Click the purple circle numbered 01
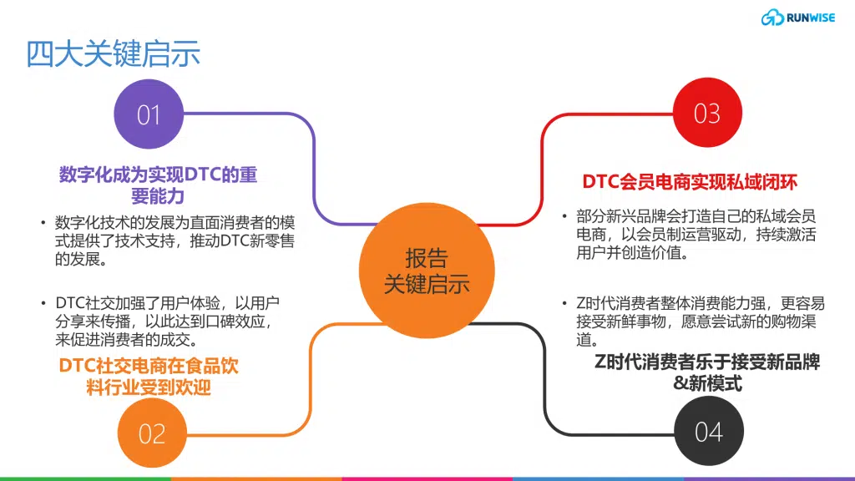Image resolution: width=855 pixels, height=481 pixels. (149, 114)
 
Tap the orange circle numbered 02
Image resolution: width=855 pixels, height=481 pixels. (152, 433)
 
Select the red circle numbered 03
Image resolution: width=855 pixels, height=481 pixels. (707, 113)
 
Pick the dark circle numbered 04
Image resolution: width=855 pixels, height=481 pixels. (709, 431)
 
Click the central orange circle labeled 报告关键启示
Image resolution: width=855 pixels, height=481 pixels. (427, 271)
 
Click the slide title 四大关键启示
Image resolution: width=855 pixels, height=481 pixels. (113, 53)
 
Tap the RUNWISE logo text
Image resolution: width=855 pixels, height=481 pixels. (810, 18)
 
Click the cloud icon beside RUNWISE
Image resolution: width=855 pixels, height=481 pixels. (772, 18)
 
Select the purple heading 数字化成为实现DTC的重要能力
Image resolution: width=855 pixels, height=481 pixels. (158, 185)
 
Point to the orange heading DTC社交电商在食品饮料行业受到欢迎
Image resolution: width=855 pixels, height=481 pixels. (149, 377)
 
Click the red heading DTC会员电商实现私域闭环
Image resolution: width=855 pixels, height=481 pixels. (690, 181)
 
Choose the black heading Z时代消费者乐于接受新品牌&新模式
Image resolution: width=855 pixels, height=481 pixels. (707, 372)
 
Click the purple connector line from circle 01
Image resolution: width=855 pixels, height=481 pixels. (315, 164)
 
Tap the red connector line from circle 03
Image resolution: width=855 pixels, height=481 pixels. (542, 164)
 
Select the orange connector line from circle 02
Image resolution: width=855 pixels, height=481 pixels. (311, 382)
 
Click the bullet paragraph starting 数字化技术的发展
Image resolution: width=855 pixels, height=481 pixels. (168, 240)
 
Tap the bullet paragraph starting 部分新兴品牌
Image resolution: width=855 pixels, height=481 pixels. (689, 235)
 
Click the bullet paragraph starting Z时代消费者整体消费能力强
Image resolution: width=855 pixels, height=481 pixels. (694, 322)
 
